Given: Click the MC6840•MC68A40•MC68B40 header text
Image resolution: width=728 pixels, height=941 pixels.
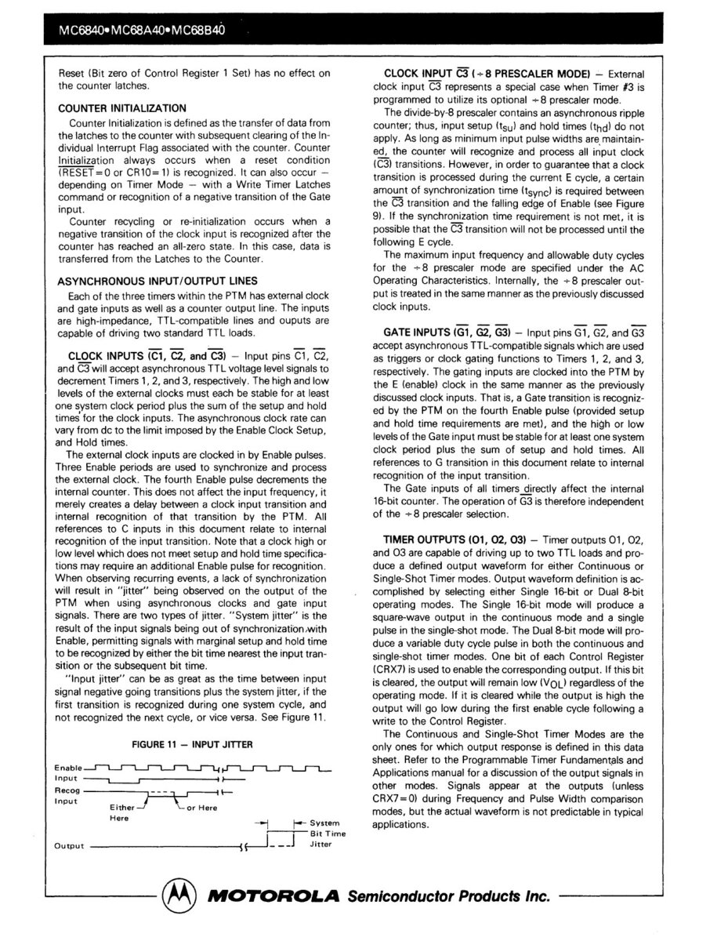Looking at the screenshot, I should [136, 33].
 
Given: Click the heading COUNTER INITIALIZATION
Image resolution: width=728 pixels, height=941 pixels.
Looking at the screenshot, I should [122, 108].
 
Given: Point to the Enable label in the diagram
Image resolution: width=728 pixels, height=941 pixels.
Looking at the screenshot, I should [68, 767].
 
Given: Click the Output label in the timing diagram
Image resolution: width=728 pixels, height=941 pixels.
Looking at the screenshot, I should [69, 845].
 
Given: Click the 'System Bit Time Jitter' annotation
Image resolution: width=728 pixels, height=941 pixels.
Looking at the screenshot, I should [327, 834].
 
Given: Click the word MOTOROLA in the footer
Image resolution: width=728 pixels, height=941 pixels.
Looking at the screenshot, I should [271, 896].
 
